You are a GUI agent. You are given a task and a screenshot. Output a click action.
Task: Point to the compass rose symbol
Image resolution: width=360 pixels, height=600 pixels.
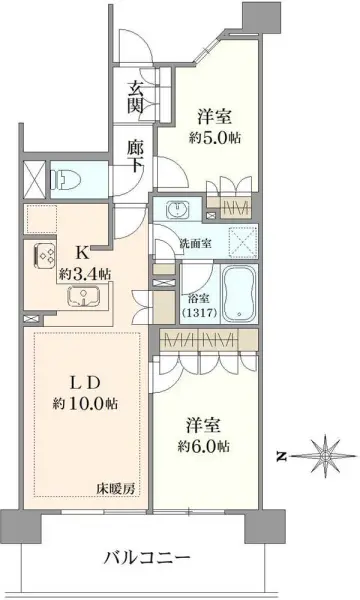326,455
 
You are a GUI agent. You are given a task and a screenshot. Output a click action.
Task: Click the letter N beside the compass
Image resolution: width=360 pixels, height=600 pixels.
282,456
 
